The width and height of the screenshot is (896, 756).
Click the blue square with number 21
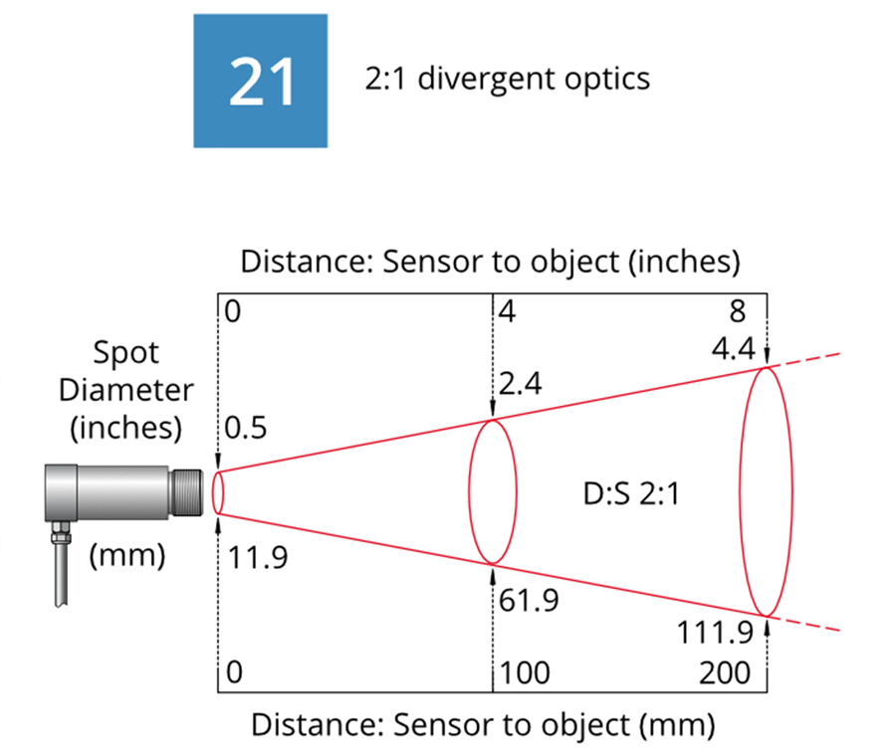pyautogui.click(x=260, y=81)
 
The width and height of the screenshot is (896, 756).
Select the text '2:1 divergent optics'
pyautogui.click(x=508, y=79)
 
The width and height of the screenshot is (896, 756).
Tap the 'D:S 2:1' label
pyautogui.click(x=631, y=493)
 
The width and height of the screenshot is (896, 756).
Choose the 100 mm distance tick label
pyautogui.click(x=526, y=673)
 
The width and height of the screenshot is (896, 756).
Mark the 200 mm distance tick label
pyautogui.click(x=724, y=673)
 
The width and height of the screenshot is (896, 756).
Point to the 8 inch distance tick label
pyautogui.click(x=737, y=311)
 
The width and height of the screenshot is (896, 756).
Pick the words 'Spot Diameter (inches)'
pyautogui.click(x=126, y=391)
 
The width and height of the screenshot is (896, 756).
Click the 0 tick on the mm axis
pyautogui.click(x=235, y=673)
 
